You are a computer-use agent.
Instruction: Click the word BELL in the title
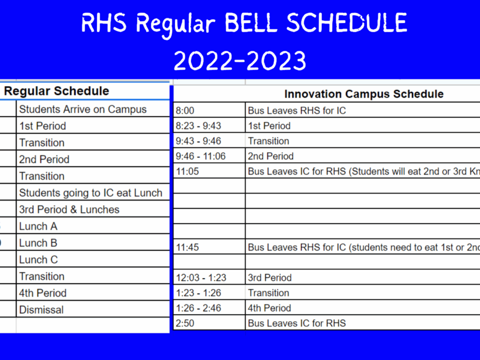click(251, 23)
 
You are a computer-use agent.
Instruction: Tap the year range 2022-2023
click(240, 60)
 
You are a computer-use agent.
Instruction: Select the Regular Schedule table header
click(57, 91)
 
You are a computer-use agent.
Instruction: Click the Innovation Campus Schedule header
click(364, 94)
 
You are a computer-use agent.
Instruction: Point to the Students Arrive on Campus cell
click(83, 109)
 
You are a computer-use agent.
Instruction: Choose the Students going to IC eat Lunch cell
click(91, 193)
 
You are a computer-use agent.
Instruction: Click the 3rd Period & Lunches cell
click(69, 209)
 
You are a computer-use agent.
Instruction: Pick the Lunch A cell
click(38, 226)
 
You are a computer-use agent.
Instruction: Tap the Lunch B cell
click(38, 243)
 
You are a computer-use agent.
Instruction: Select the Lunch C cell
click(38, 260)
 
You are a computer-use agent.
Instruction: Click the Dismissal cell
click(41, 310)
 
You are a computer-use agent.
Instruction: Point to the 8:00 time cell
click(185, 111)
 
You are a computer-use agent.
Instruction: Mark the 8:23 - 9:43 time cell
click(199, 126)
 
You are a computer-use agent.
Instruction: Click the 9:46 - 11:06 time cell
click(201, 157)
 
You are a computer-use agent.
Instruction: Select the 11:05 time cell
click(187, 171)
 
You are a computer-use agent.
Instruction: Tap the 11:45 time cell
click(187, 248)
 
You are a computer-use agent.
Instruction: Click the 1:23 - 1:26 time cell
click(199, 293)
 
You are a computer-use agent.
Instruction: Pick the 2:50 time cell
click(185, 323)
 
